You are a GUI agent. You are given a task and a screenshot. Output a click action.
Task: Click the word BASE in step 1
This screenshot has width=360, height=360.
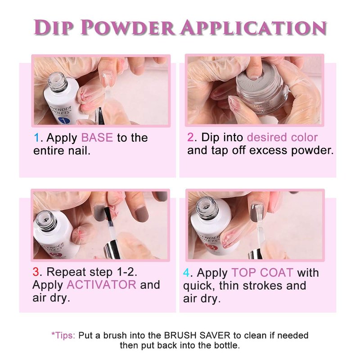[x=97, y=138]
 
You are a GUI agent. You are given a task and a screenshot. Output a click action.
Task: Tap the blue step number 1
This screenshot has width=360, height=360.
[x=36, y=138]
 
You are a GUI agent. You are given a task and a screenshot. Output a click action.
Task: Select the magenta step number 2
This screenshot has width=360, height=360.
[x=190, y=137]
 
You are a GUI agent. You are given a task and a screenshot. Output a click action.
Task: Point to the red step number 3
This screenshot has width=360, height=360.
[x=36, y=272]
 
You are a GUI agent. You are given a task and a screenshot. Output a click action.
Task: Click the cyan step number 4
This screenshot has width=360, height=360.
[x=186, y=273]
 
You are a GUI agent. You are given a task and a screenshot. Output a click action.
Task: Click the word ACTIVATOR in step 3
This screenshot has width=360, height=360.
[x=102, y=285]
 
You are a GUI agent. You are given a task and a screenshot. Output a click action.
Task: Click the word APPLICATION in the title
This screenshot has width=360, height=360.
[x=253, y=27]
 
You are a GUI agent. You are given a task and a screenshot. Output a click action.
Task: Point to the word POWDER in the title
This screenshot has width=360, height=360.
[x=127, y=27]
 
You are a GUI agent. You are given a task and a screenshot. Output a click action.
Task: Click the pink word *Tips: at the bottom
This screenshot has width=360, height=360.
[x=63, y=335]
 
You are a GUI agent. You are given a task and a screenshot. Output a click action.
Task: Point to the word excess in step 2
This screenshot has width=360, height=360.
[x=268, y=150]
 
